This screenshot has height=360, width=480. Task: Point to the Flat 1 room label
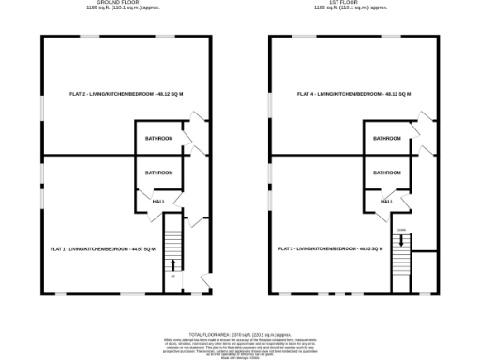point(102,248)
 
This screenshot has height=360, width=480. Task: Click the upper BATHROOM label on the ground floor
point(158,139)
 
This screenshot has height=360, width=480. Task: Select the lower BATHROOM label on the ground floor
point(158,172)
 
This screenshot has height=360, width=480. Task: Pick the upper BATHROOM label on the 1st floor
point(387,139)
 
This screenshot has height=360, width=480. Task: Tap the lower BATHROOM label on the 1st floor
point(387,172)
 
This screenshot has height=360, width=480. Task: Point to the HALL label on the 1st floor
point(386,201)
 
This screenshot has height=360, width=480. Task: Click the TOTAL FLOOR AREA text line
point(239,333)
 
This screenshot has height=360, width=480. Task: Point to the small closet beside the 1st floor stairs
point(423,271)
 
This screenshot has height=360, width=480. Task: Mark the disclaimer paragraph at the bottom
point(239,345)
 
